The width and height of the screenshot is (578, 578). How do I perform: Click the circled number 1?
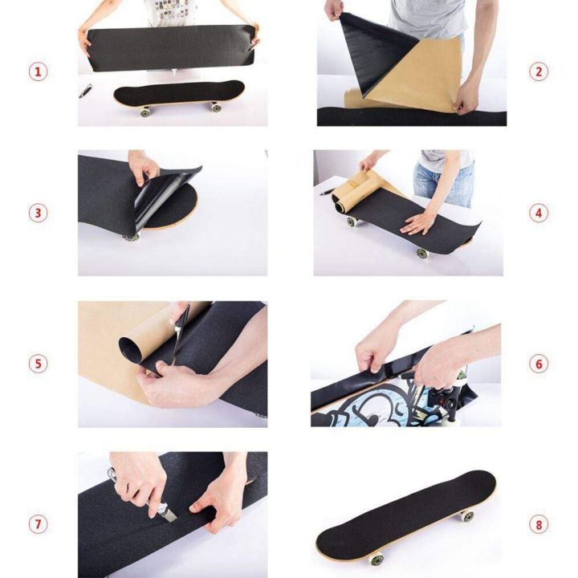39,71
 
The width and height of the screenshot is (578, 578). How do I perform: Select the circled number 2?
539,71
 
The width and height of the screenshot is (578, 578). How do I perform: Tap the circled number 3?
39,214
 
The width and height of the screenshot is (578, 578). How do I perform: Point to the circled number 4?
539,214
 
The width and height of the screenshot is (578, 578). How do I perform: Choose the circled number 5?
39,364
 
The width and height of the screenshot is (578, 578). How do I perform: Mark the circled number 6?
539,364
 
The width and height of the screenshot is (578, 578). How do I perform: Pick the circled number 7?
39,524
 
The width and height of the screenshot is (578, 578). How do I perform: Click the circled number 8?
539,524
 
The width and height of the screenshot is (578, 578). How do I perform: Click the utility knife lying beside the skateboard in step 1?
85,91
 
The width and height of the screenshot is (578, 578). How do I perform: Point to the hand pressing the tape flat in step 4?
420,220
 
